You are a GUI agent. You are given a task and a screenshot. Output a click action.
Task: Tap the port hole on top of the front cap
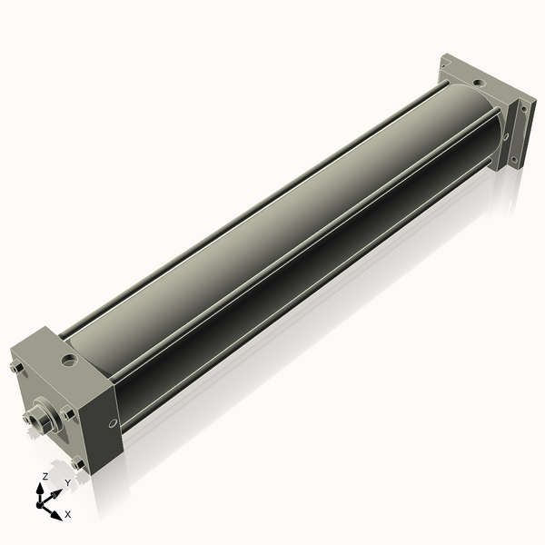click(x=68, y=361)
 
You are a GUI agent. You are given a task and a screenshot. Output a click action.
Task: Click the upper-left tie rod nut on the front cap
click(x=17, y=369)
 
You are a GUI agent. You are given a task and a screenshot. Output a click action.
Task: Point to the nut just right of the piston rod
click(x=66, y=412)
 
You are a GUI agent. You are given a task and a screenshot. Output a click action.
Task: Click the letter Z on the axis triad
click(x=44, y=477)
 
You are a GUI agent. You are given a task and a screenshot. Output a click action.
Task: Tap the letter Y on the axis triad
click(x=67, y=482)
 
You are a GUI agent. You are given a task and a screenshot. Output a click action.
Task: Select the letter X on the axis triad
click(x=68, y=514)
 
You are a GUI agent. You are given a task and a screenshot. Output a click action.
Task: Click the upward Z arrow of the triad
click(x=41, y=490)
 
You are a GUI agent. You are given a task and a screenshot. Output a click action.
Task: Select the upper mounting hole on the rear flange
click(x=525, y=109)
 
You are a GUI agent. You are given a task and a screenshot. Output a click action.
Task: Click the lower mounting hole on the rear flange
click(x=514, y=160)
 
